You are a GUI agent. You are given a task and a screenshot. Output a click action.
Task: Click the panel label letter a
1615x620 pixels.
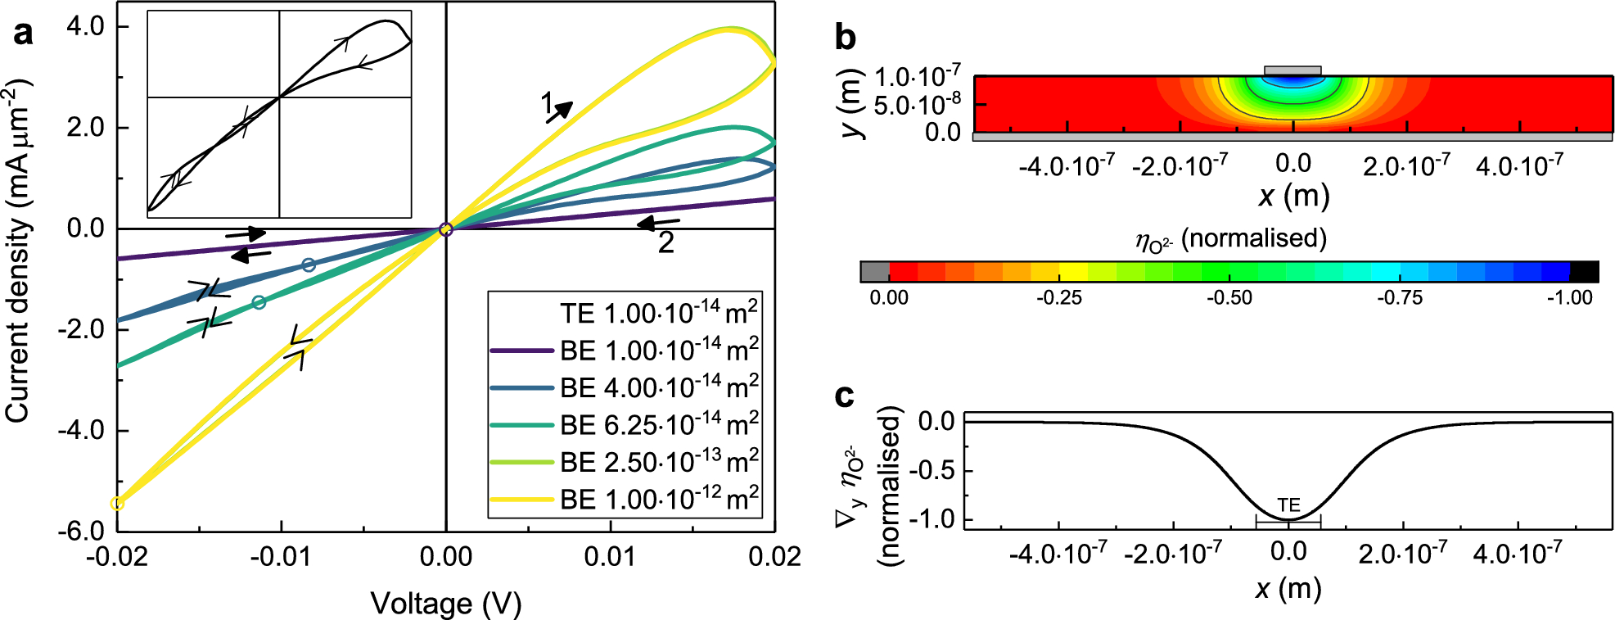coord(23,34)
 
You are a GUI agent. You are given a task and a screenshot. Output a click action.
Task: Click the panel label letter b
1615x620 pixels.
coord(845,37)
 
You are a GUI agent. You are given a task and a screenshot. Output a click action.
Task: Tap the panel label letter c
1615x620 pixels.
coord(844,396)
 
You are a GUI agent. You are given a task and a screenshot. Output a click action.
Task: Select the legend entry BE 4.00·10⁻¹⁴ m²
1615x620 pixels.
coord(658,387)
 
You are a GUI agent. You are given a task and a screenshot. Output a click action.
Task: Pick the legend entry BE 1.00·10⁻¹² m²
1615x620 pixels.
coord(658,499)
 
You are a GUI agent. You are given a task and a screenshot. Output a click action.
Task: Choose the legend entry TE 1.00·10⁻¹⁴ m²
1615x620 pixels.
coord(658,313)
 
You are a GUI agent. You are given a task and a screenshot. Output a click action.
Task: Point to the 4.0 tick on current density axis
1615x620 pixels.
coord(85,27)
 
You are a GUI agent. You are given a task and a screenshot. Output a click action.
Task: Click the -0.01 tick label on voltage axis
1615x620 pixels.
coord(281,558)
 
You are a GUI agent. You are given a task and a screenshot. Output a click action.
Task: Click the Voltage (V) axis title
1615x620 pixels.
coord(446,604)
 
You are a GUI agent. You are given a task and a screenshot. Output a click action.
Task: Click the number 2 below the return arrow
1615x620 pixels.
coord(666,243)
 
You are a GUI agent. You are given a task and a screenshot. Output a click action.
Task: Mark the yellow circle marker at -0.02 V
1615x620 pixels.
coord(117,503)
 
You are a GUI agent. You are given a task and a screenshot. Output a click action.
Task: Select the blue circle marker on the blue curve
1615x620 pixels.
coord(309,265)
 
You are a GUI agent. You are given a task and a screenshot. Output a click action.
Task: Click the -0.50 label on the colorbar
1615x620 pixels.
coord(1229,298)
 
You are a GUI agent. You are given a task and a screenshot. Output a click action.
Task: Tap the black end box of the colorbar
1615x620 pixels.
coord(1584,272)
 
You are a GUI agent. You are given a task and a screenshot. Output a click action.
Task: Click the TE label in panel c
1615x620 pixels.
coord(1288,505)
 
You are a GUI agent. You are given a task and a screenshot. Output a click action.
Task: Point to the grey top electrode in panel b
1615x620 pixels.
coord(1292,70)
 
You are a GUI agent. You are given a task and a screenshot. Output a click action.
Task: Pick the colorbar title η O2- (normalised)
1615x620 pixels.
coord(1230,239)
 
